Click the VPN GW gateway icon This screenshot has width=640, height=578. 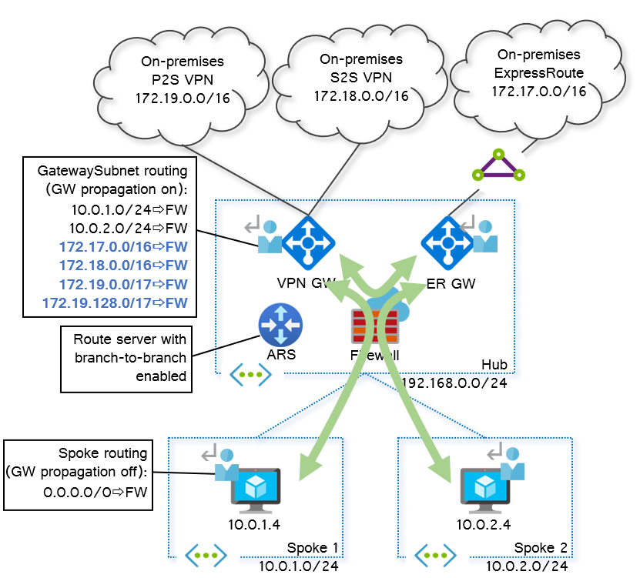(x=308, y=242)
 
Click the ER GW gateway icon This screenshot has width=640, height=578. (x=447, y=242)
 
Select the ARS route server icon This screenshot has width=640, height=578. (x=280, y=325)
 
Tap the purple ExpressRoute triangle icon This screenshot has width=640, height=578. (x=498, y=166)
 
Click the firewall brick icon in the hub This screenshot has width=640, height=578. (x=374, y=326)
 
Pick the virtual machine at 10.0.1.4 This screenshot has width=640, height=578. (x=254, y=489)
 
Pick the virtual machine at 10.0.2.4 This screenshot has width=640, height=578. (x=484, y=489)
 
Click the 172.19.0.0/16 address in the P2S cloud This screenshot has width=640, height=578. (x=182, y=99)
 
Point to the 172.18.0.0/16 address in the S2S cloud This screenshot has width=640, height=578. (x=360, y=95)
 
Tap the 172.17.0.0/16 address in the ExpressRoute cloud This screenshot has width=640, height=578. (x=538, y=91)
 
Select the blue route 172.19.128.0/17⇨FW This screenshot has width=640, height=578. (x=115, y=302)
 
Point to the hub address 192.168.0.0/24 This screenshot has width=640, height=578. (x=454, y=383)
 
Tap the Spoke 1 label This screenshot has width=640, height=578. (x=312, y=547)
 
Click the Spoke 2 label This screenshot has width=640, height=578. (x=540, y=547)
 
